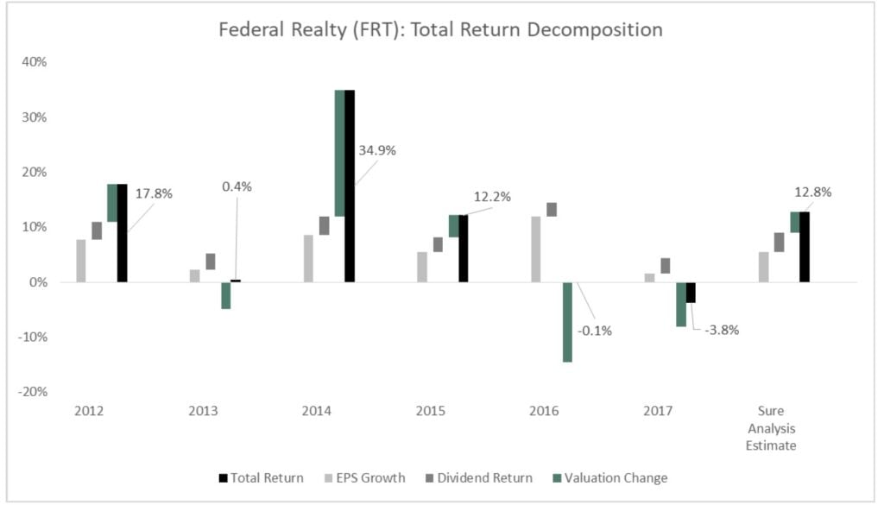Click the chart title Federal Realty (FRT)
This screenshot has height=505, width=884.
(x=440, y=29)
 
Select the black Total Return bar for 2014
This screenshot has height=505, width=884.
(x=350, y=186)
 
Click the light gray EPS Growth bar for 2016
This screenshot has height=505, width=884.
(x=536, y=249)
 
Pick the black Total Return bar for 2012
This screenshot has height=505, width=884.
(x=122, y=233)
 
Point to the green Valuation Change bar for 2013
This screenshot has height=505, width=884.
(x=225, y=295)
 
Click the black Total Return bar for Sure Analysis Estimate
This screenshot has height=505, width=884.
(x=805, y=246)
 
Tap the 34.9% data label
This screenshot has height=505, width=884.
(x=377, y=150)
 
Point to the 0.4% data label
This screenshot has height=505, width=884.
(x=231, y=186)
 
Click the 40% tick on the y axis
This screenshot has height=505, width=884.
(x=35, y=62)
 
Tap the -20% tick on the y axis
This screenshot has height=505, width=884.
(x=33, y=391)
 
